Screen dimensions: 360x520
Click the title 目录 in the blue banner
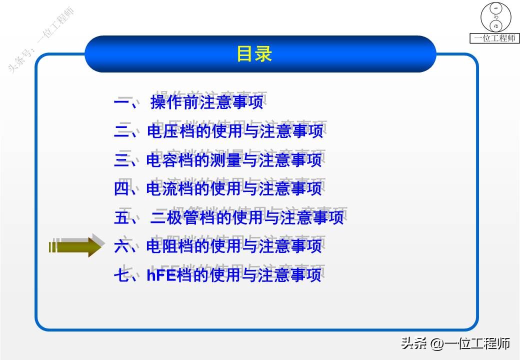254,54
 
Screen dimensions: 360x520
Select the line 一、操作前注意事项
188,103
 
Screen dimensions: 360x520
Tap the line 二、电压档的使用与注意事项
218,131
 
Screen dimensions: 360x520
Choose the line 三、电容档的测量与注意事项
218,160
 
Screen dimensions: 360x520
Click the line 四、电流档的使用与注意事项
218,188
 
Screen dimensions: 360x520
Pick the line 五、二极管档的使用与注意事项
229,217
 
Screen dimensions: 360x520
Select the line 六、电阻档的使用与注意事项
218,246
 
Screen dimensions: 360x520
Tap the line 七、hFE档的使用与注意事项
218,275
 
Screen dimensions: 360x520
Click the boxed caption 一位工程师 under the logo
495,38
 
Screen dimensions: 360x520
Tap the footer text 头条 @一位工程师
455,344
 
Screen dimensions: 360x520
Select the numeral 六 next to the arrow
122,246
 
